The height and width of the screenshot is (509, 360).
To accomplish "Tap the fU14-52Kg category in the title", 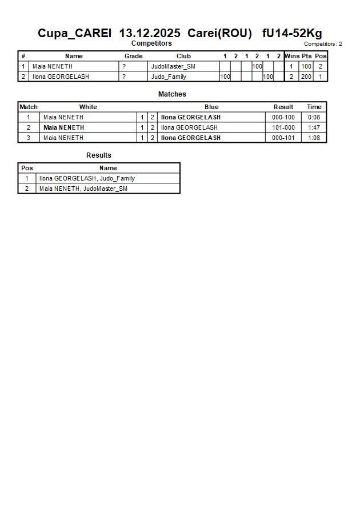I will pyautogui.click(x=292, y=33).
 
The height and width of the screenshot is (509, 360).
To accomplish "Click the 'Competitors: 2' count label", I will pyautogui.click(x=323, y=44).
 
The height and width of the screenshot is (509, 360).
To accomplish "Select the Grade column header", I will pyautogui.click(x=133, y=56).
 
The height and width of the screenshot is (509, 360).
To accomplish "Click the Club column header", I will pyautogui.click(x=183, y=56).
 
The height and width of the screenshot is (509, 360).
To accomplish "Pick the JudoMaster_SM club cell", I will pyautogui.click(x=173, y=66).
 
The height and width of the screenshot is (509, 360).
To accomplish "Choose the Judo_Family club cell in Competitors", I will pyautogui.click(x=169, y=77).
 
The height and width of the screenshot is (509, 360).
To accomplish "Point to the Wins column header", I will pyautogui.click(x=291, y=56).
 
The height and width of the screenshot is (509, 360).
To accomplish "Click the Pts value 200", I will pyautogui.click(x=306, y=77).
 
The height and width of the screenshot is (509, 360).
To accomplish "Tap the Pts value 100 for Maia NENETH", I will pyautogui.click(x=306, y=66).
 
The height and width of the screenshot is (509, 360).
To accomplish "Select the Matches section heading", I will pyautogui.click(x=172, y=94).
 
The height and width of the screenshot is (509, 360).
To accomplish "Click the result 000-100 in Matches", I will pyautogui.click(x=283, y=117).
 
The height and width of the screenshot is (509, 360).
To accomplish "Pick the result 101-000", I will pyautogui.click(x=283, y=127).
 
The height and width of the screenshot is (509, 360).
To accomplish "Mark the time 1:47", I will pyautogui.click(x=314, y=127).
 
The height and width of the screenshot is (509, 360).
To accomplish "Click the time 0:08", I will pyautogui.click(x=314, y=117).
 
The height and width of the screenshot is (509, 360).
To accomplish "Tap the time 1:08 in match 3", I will pyautogui.click(x=314, y=138).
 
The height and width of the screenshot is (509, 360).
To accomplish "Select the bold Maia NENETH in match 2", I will pyautogui.click(x=63, y=127).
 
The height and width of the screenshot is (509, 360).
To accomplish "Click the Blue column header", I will pyautogui.click(x=211, y=107).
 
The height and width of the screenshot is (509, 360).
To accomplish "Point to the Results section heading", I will pyautogui.click(x=99, y=155).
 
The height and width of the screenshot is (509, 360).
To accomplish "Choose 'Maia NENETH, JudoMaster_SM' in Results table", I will pyautogui.click(x=83, y=189).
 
